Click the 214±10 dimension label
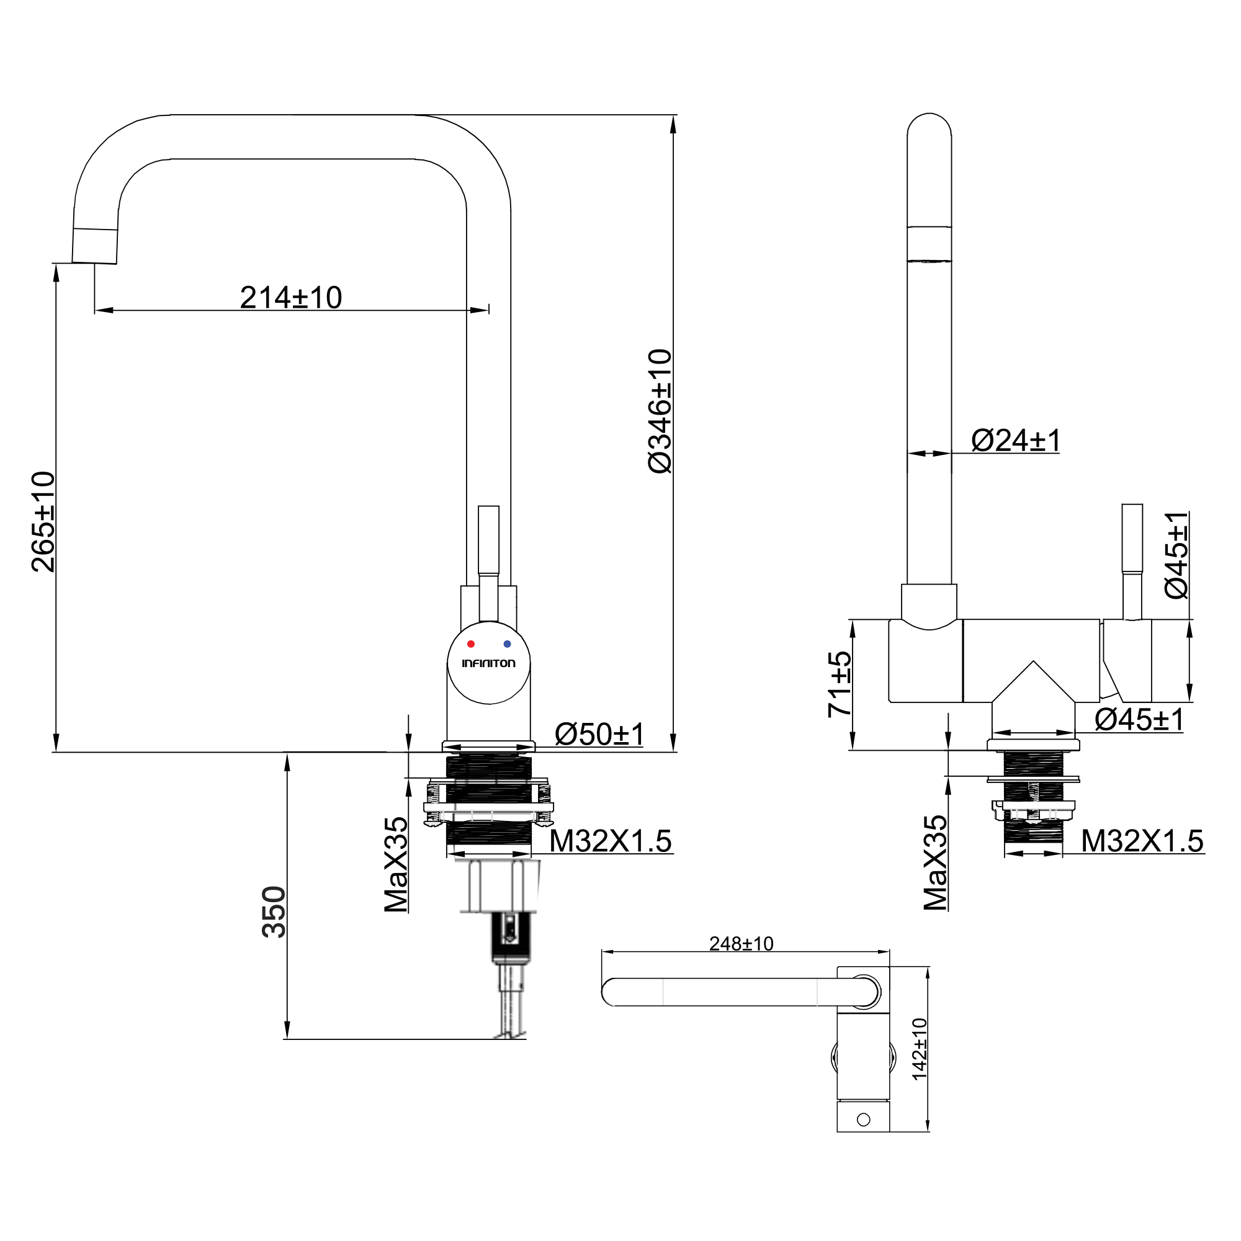coord(291,298)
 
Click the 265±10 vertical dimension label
coord(44,522)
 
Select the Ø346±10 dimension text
coord(660,411)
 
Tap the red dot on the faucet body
coord(471,643)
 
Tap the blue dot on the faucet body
coord(508,643)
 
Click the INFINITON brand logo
coord(489,663)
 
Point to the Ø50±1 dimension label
coord(599,734)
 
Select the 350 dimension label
coord(274,912)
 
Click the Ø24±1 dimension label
coord(1016,441)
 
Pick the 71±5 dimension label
coord(840,684)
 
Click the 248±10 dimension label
coord(741,944)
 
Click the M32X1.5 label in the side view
coord(1142,841)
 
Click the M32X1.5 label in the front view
coord(610,841)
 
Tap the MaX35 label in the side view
coord(935,862)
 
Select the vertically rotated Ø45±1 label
coord(1176,555)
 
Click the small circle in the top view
coord(863,1119)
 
